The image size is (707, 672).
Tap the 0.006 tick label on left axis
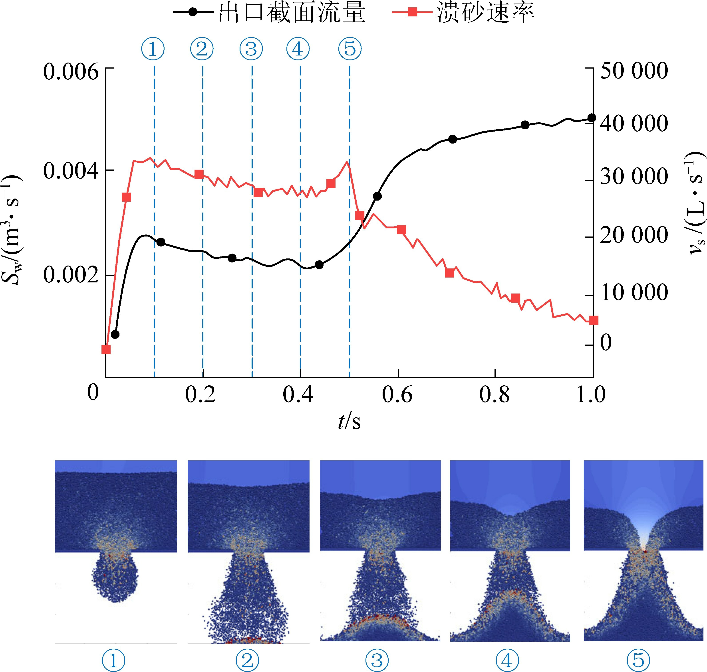[71, 72]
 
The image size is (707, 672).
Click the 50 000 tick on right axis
[634, 71]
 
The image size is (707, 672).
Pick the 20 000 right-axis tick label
[634, 235]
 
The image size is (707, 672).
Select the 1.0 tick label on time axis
[590, 395]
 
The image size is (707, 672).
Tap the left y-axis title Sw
[12, 229]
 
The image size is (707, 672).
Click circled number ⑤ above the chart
[350, 49]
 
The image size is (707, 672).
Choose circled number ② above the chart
[202, 49]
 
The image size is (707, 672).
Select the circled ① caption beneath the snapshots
[114, 660]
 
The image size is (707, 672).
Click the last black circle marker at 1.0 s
[592, 118]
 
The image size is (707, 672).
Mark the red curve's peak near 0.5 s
[347, 162]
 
